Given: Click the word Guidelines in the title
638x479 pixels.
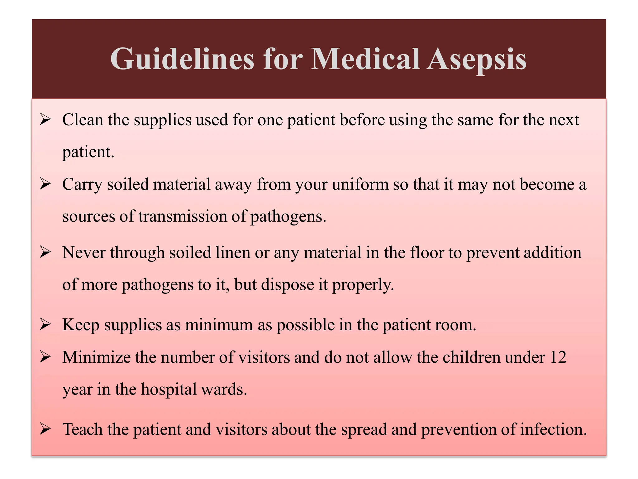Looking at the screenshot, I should (x=182, y=59).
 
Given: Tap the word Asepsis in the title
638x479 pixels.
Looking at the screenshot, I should (x=476, y=59).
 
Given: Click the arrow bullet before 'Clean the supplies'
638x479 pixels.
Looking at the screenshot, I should (x=45, y=119).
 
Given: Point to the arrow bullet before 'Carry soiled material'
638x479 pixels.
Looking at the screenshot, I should (x=45, y=184).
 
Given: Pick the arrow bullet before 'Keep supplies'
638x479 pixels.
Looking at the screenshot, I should (x=45, y=325).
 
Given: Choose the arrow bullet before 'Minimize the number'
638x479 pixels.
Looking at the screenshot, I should (x=45, y=357).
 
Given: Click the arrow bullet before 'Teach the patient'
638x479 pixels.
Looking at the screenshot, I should (x=45, y=429).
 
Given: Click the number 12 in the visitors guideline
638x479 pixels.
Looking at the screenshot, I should (x=558, y=357).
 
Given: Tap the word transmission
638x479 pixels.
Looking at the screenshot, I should (x=183, y=216).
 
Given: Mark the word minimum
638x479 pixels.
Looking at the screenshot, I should (x=219, y=325).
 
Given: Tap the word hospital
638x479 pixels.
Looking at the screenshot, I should (x=169, y=389).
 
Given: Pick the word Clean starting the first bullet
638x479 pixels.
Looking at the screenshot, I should (x=83, y=119).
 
